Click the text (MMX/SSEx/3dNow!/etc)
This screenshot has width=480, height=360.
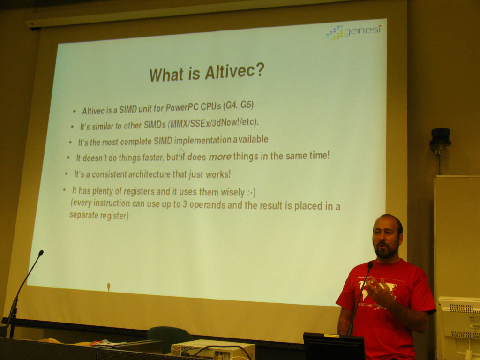pos(213,123)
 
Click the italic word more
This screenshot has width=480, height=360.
pos(219,157)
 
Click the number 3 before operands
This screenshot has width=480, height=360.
pos(185,204)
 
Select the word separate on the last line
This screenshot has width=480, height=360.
pos(83,215)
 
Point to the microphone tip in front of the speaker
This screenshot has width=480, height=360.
pos(370,265)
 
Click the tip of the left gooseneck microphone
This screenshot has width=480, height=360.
pos(41,253)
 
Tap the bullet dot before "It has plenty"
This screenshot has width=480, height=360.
pos(64,190)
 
